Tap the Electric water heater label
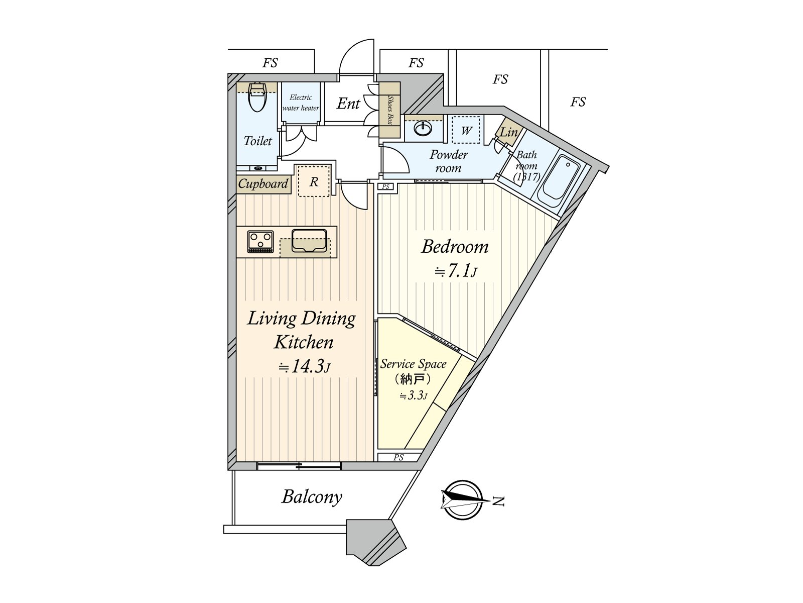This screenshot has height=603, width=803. point(301,103)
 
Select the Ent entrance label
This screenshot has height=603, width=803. point(348,104)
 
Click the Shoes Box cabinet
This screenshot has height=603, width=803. point(389,110)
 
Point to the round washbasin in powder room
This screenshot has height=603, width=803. point(423,129)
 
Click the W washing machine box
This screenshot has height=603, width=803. point(466,131)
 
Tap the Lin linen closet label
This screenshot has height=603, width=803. point(509,133)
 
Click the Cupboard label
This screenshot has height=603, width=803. point(263,184)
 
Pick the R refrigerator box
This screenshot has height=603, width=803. point(314,181)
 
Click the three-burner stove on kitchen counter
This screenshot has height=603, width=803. point(260,242)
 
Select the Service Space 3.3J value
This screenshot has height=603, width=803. point(413,396)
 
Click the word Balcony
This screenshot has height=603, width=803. point(312,497)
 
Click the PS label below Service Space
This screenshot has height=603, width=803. point(398,457)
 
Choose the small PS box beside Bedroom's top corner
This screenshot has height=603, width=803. point(386,187)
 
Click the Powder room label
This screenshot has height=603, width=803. point(448,161)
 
